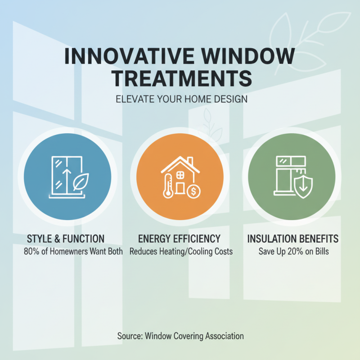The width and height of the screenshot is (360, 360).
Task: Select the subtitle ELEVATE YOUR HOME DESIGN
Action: (180, 99)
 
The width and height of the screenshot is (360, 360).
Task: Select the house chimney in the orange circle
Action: (190, 161)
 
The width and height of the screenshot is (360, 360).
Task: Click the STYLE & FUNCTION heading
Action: (66, 238)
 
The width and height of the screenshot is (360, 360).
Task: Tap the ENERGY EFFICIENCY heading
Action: (180, 238)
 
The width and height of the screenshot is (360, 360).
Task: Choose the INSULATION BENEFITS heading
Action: (293, 238)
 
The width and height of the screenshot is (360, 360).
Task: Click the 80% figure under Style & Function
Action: (31, 251)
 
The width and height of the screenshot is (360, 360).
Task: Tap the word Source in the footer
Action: (129, 336)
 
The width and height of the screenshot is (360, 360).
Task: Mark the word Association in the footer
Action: (222, 336)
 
